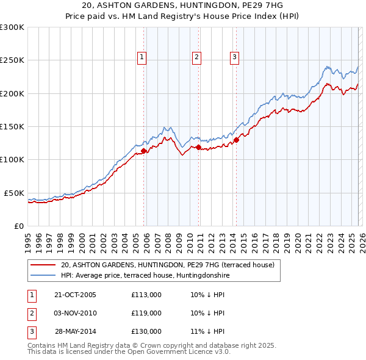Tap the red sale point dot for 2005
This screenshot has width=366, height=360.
[144, 151]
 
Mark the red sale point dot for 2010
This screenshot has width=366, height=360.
[198, 147]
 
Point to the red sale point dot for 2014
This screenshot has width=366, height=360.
[236, 140]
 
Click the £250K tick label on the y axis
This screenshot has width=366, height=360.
[12, 60]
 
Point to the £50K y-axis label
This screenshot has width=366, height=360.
[14, 193]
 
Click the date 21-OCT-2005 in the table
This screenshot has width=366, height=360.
[76, 295]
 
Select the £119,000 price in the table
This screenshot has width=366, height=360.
[146, 313]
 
